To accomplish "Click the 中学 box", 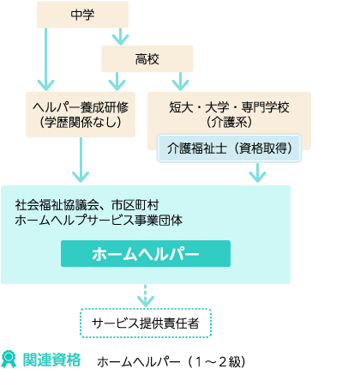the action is pyautogui.click(x=82, y=15).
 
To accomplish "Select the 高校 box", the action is pyautogui.click(x=147, y=59).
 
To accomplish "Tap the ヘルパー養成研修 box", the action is pyautogui.click(x=81, y=114).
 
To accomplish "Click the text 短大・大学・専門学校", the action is pyautogui.click(x=229, y=107).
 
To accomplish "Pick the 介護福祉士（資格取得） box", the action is pyautogui.click(x=229, y=148).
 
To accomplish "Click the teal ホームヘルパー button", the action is pyautogui.click(x=146, y=253).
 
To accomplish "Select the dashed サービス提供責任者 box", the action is pyautogui.click(x=146, y=323).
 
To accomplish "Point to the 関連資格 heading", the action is pyautogui.click(x=51, y=360).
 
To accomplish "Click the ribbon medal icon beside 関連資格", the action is pyautogui.click(x=9, y=360).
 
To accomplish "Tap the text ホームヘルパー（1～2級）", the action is pyautogui.click(x=171, y=362).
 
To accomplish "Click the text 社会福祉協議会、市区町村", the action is pyautogui.click(x=87, y=205).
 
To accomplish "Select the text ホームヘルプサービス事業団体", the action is pyautogui.click(x=99, y=221).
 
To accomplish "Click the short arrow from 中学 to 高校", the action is pyautogui.click(x=120, y=37).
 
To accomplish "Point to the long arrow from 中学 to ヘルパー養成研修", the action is pyautogui.click(x=46, y=59).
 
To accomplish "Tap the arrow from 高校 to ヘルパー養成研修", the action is pyautogui.click(x=117, y=82).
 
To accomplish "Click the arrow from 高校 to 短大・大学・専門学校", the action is pyautogui.click(x=180, y=82).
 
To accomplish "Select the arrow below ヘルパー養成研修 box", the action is pyautogui.click(x=81, y=160).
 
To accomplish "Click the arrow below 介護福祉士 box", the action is pyautogui.click(x=257, y=172).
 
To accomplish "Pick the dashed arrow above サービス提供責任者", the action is pyautogui.click(x=146, y=296).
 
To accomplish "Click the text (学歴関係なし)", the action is pyautogui.click(x=81, y=123).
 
